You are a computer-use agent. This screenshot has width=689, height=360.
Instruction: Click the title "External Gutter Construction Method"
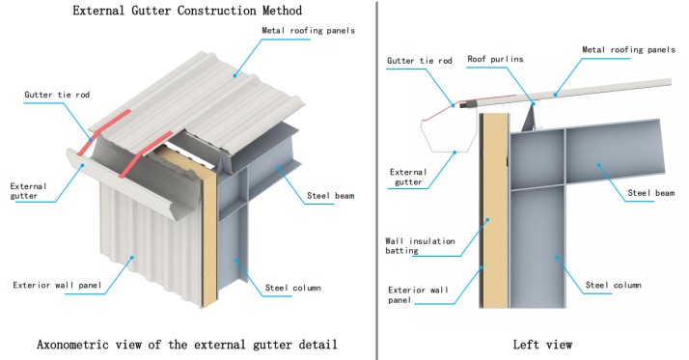pyautogui.click(x=187, y=11)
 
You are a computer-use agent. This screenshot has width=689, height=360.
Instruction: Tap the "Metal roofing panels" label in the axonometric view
pyautogui.click(x=308, y=30)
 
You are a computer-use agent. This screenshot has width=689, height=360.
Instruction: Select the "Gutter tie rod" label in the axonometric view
pyautogui.click(x=57, y=95)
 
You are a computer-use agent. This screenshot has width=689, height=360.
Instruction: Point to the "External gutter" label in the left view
pyautogui.click(x=408, y=177)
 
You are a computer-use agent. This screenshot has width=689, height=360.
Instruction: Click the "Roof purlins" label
pyautogui.click(x=495, y=59)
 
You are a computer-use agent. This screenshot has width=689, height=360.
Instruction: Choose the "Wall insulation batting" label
pyautogui.click(x=420, y=246)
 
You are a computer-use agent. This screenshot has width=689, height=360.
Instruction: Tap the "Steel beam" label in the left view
pyautogui.click(x=650, y=192)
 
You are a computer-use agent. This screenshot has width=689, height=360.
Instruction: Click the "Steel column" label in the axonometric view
pyautogui.click(x=292, y=288)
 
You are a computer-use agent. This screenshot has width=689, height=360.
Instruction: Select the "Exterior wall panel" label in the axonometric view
pyautogui.click(x=57, y=286)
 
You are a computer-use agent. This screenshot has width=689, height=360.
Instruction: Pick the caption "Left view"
pyautogui.click(x=542, y=345)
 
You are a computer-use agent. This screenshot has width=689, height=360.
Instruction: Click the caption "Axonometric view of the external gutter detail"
pyautogui.click(x=187, y=345)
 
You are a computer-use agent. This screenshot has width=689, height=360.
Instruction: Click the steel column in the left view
pyautogui.click(x=537, y=246)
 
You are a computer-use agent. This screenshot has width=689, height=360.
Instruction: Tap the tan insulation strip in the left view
pyautogui.click(x=494, y=211)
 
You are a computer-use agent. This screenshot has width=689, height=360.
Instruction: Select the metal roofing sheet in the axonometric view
pyautogui.click(x=198, y=101)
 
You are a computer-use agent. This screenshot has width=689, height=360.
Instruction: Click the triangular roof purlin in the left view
pyautogui.click(x=530, y=118)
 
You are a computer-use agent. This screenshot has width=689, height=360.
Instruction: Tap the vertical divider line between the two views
pyautogui.click(x=376, y=180)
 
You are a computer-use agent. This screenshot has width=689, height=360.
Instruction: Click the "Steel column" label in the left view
pyautogui.click(x=613, y=285)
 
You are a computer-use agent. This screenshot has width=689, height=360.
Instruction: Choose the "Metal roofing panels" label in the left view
pyautogui.click(x=628, y=49)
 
